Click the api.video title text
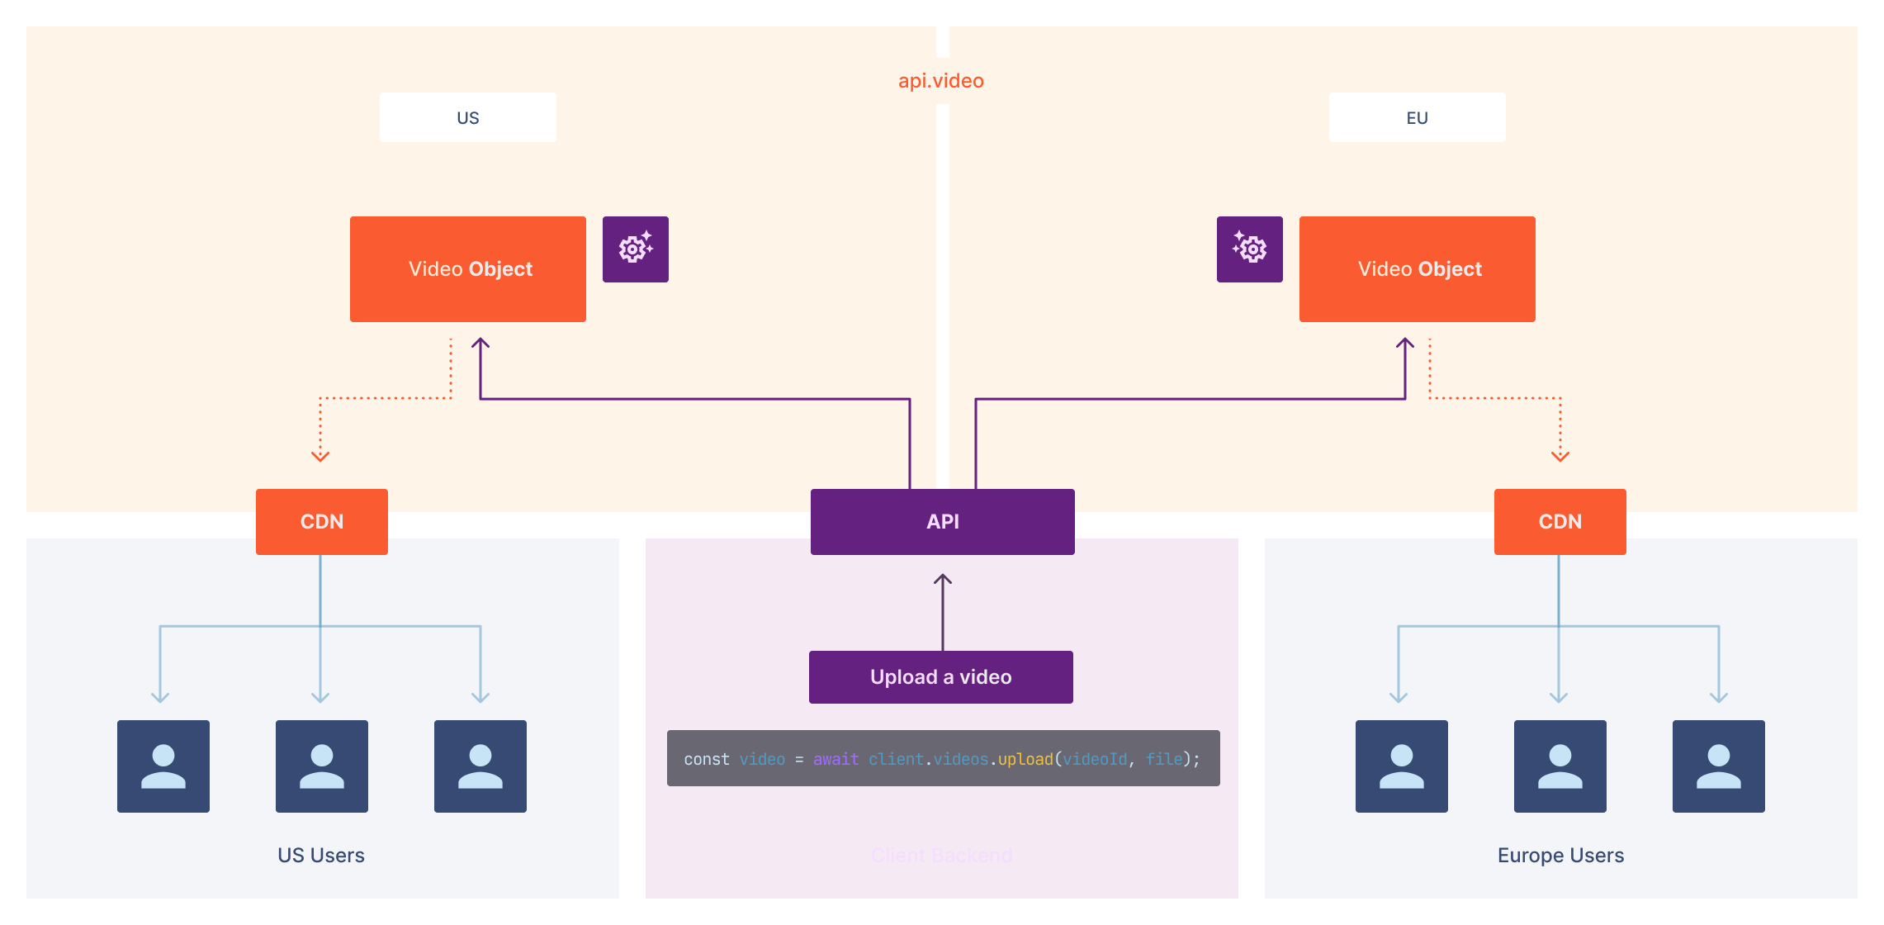click(940, 81)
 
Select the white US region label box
click(467, 117)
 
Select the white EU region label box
click(1417, 117)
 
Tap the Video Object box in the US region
click(468, 269)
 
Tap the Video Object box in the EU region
click(1417, 269)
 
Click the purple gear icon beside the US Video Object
click(635, 249)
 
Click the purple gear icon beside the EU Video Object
click(1249, 249)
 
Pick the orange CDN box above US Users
click(321, 522)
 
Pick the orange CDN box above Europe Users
click(1560, 522)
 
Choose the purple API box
click(942, 522)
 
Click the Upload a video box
click(940, 677)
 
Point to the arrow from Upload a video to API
click(943, 611)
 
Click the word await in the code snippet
click(835, 759)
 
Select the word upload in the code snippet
click(1025, 759)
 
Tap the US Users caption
click(321, 856)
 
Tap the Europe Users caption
click(1560, 856)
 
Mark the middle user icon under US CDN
click(321, 766)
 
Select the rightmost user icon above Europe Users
click(1718, 766)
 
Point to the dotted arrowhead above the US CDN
click(320, 456)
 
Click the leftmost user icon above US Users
click(163, 766)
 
